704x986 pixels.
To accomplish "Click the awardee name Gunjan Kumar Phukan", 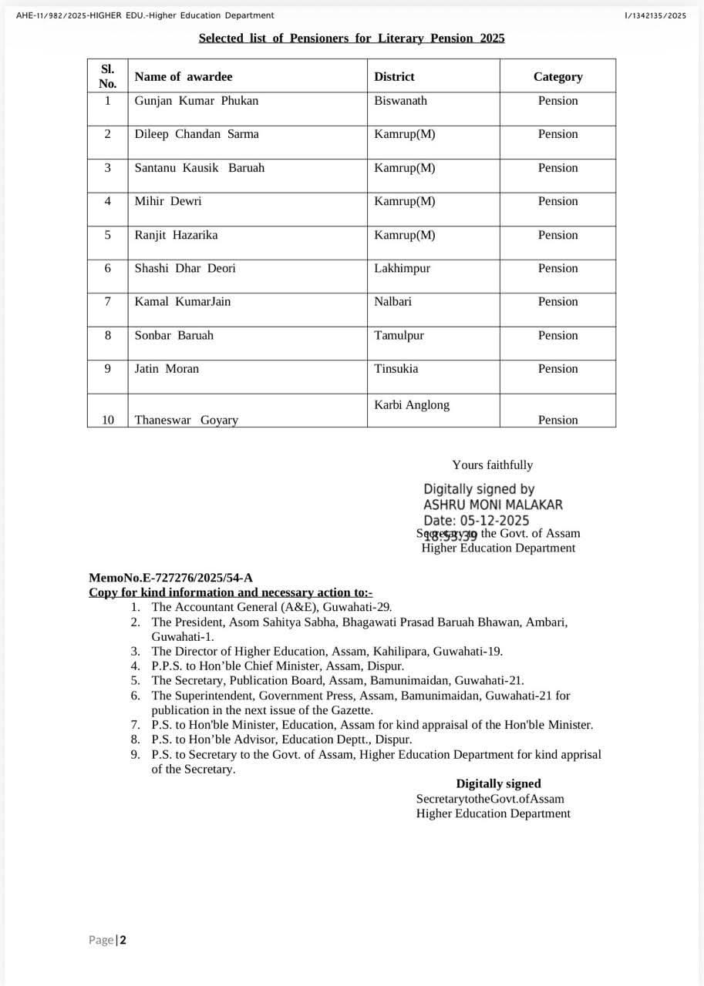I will (196, 101).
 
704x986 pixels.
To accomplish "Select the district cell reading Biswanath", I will (400, 101).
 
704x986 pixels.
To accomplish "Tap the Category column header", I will (557, 77).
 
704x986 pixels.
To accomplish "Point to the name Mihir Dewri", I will (167, 201).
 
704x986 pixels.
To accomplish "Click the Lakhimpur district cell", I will (402, 268).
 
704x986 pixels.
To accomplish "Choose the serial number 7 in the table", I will (107, 301).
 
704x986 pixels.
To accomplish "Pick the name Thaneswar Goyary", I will (186, 420).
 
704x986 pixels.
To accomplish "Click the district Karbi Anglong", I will (411, 405).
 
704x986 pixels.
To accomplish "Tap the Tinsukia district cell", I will (396, 368).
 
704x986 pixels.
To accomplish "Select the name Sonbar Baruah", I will (173, 335).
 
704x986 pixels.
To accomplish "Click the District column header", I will (394, 77).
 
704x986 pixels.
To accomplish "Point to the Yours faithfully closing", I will (492, 465).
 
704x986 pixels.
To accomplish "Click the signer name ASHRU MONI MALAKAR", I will (493, 505).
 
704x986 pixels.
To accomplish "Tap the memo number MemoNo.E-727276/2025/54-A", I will (170, 578).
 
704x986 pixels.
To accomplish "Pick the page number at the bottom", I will (122, 940).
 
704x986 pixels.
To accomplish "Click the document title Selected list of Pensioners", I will (352, 38).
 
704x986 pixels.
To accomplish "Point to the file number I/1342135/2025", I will (655, 15).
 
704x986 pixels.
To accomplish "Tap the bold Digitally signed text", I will (498, 784).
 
